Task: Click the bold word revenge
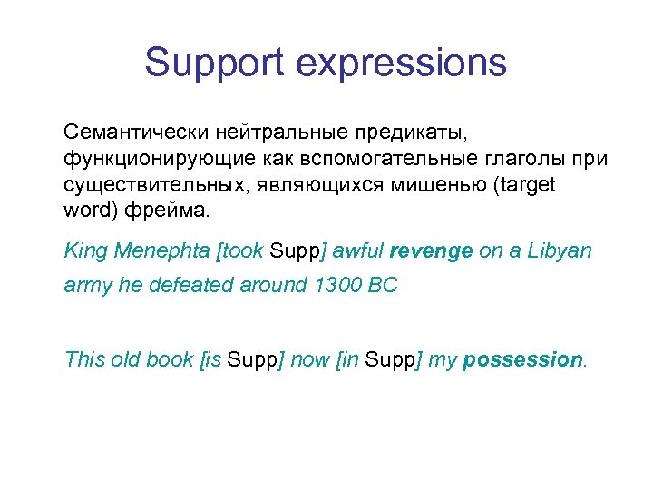click(431, 251)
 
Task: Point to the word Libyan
click(560, 251)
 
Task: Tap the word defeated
click(199, 285)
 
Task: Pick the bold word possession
click(521, 358)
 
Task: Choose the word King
click(86, 251)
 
